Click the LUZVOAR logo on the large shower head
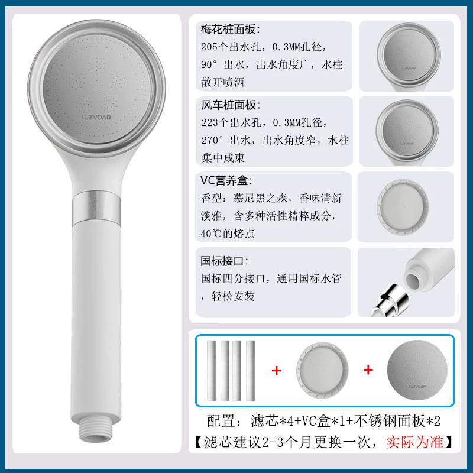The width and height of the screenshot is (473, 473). click(x=96, y=117)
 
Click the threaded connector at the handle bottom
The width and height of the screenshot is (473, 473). click(x=96, y=431)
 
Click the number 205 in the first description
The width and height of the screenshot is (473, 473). click(x=209, y=47)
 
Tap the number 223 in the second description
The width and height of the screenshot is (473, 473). click(x=210, y=122)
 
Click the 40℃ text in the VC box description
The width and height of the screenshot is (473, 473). click(x=211, y=234)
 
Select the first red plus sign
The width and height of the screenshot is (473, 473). click(x=276, y=371)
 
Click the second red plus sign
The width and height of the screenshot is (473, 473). click(x=368, y=370)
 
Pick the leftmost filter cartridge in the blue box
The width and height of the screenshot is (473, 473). click(x=212, y=371)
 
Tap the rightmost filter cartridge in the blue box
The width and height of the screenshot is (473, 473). click(x=250, y=371)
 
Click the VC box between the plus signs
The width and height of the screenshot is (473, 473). click(x=322, y=371)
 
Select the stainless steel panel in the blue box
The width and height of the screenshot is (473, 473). click(x=417, y=370)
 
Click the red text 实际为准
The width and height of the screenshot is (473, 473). click(x=415, y=442)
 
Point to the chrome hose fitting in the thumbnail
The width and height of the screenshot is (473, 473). click(x=390, y=302)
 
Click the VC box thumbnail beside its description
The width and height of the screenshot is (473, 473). click(x=403, y=207)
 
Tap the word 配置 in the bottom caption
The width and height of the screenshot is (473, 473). click(x=221, y=421)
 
